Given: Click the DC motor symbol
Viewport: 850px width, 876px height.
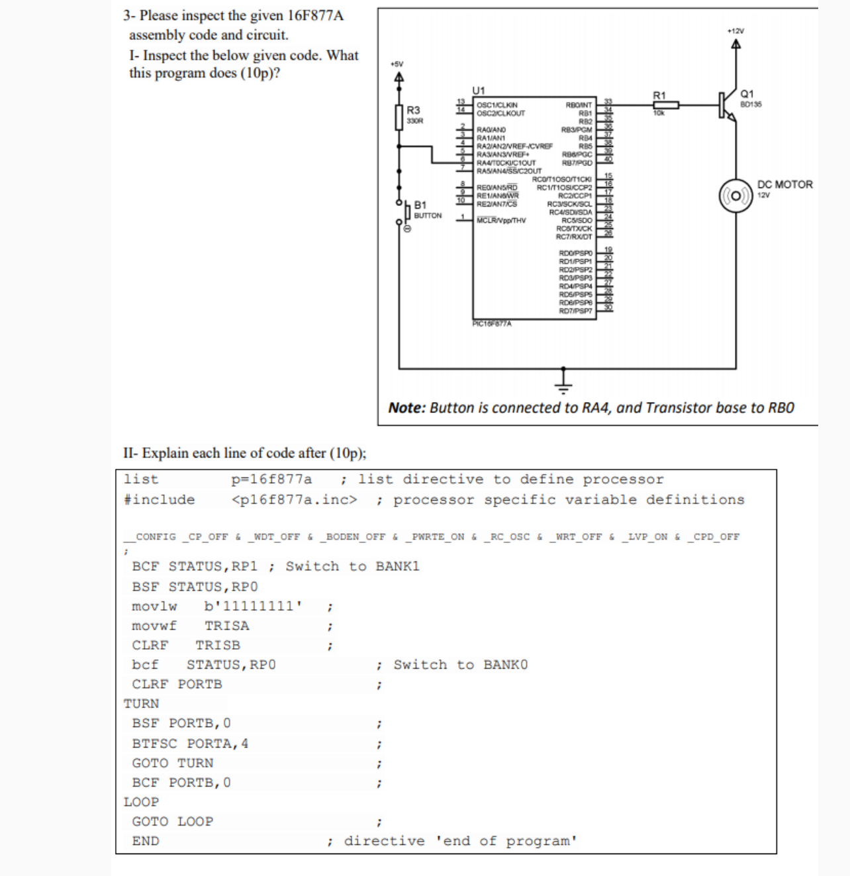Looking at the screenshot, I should tap(736, 196).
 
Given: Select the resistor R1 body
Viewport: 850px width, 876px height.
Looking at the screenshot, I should tap(665, 105).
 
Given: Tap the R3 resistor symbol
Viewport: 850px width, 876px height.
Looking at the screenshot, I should tap(399, 117).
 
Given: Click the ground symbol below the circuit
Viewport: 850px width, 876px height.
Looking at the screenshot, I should tap(563, 380).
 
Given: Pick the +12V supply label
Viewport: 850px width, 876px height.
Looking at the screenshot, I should tap(735, 31).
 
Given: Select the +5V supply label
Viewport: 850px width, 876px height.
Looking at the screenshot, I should tap(397, 64).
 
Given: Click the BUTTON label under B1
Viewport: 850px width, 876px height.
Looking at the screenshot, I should tap(428, 216).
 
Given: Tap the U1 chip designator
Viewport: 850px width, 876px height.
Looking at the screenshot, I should tap(479, 90).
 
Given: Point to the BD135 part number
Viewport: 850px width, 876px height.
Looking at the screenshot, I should tap(751, 104).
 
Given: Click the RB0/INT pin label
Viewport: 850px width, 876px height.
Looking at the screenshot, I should tap(579, 105).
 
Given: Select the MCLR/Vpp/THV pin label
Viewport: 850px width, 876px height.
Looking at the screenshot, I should tap(501, 220).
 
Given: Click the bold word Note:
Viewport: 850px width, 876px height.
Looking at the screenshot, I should tap(406, 408).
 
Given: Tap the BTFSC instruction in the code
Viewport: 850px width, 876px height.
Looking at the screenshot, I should tap(155, 744).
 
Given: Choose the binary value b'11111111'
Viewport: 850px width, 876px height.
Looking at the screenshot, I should tap(253, 606).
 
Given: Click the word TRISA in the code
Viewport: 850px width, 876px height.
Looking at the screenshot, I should tap(226, 626).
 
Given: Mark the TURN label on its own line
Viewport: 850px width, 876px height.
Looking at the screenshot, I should tap(141, 704).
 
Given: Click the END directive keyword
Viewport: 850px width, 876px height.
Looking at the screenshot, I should tap(146, 841).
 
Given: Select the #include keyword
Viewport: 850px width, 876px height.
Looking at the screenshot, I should tap(160, 500).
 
